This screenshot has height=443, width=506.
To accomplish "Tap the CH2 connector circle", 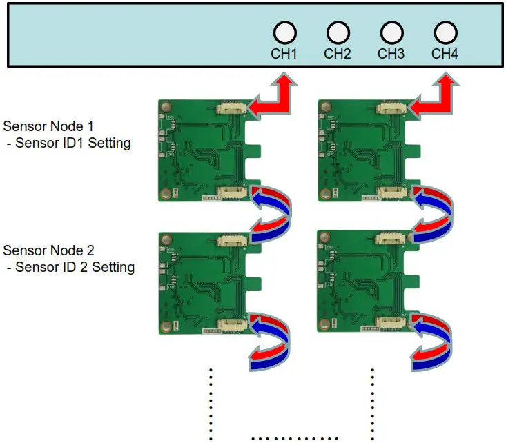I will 338,32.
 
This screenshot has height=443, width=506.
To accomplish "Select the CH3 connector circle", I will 391,32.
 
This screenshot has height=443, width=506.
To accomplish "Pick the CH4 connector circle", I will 445,32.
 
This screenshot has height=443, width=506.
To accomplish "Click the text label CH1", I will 284,53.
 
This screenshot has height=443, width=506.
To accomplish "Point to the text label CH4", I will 445,53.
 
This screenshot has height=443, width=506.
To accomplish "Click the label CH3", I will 391,53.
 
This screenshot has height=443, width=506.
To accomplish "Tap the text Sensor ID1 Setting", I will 72,144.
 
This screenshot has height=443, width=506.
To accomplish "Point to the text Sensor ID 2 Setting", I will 75,267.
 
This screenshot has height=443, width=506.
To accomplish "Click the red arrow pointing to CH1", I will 271,99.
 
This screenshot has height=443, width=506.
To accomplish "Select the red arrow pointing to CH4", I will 433,99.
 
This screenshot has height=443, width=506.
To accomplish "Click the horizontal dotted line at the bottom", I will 295,438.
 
